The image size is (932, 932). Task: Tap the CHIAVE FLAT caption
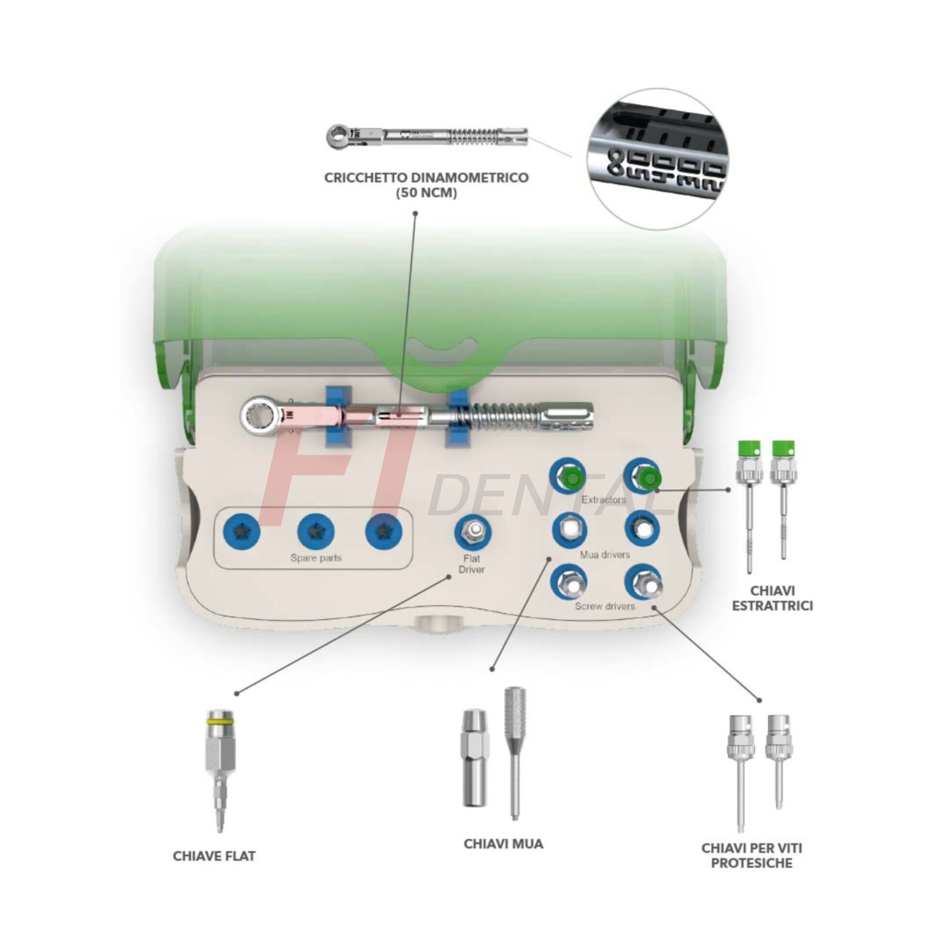(x=214, y=856)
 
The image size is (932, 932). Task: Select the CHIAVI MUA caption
(x=503, y=844)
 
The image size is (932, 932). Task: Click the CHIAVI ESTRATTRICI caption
(x=772, y=598)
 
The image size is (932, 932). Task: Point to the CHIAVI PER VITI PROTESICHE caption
(x=751, y=855)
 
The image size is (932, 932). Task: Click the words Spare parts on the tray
(x=316, y=558)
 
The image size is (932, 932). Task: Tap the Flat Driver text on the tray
(x=471, y=564)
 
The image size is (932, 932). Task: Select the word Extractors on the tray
(x=604, y=499)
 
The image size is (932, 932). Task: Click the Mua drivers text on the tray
(x=605, y=554)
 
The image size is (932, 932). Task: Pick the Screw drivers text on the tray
(x=605, y=606)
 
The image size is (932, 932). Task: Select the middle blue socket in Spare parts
(x=316, y=532)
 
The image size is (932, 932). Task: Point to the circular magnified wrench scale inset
(x=658, y=159)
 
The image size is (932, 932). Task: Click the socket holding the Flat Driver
(x=473, y=533)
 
